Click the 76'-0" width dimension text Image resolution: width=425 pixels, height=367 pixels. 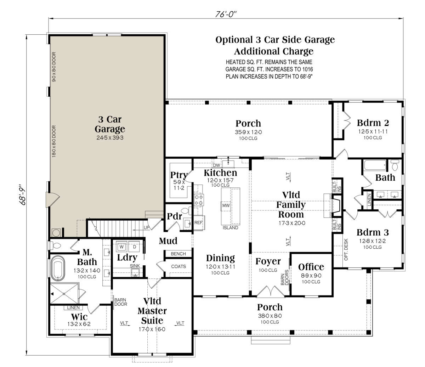coord(226,14)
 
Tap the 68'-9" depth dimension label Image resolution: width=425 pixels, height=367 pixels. coord(22,194)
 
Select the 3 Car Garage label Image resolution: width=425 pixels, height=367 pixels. coord(110,124)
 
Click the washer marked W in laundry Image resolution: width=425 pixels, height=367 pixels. coord(121,247)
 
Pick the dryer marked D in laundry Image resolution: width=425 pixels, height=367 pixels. coord(135,247)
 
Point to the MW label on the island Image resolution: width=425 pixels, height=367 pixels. coord(226,205)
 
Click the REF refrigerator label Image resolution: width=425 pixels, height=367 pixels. coord(198,222)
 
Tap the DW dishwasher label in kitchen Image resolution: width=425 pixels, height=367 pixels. coord(216,165)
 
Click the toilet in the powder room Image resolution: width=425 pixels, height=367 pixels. coord(186,211)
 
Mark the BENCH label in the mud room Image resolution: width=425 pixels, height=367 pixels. coord(178,254)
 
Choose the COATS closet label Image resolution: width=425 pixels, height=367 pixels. coord(178,266)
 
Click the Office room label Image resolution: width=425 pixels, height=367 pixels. coord(311,267)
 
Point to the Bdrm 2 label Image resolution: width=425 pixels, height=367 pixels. coord(373,123)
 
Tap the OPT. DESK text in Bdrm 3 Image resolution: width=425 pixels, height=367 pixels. coord(346,249)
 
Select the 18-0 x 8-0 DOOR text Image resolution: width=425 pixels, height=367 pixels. coord(54,142)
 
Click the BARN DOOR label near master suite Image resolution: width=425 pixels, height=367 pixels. coord(121,302)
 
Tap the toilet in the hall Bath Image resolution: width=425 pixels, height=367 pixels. coord(395,165)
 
